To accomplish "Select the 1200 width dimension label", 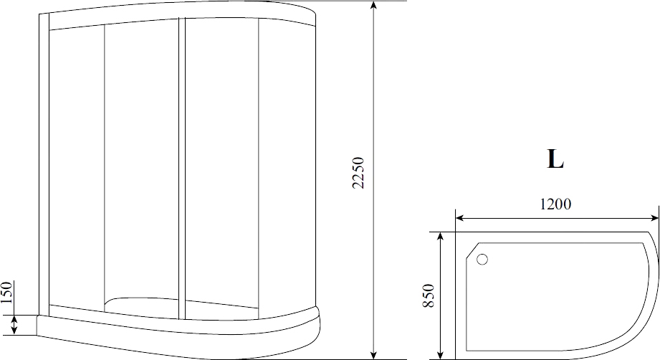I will (555, 204).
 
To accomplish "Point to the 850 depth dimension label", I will (429, 296).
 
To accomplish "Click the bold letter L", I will (555, 159).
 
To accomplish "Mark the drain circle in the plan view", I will (482, 260).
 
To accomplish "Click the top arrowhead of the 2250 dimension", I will (373, 6).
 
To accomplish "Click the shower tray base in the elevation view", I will (179, 336).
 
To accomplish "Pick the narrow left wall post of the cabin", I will (44, 165).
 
